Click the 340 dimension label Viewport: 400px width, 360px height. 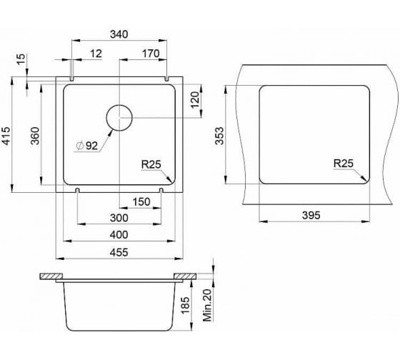119,34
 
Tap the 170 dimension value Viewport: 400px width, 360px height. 151,54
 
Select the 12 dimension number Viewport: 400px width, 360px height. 96,54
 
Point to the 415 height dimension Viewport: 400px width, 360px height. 6,136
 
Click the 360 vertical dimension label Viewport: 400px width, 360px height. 35,136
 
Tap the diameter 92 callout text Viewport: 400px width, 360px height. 87,146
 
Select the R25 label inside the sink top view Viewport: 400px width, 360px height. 151,164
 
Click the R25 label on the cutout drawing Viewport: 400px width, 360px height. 344,164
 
